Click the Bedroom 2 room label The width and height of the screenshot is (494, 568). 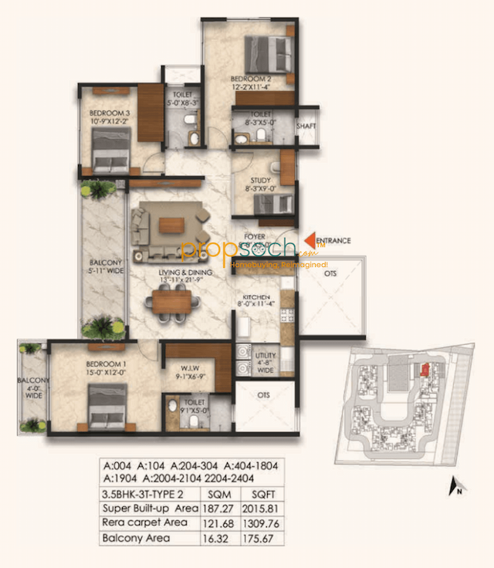pyautogui.click(x=251, y=79)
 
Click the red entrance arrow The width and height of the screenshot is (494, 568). pyautogui.click(x=311, y=241)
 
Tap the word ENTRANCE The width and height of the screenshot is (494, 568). pyautogui.click(x=333, y=241)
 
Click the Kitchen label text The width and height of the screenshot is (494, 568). pyautogui.click(x=255, y=297)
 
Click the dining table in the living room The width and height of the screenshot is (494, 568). pyautogui.click(x=170, y=300)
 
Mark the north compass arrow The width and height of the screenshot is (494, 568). pyautogui.click(x=453, y=485)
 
